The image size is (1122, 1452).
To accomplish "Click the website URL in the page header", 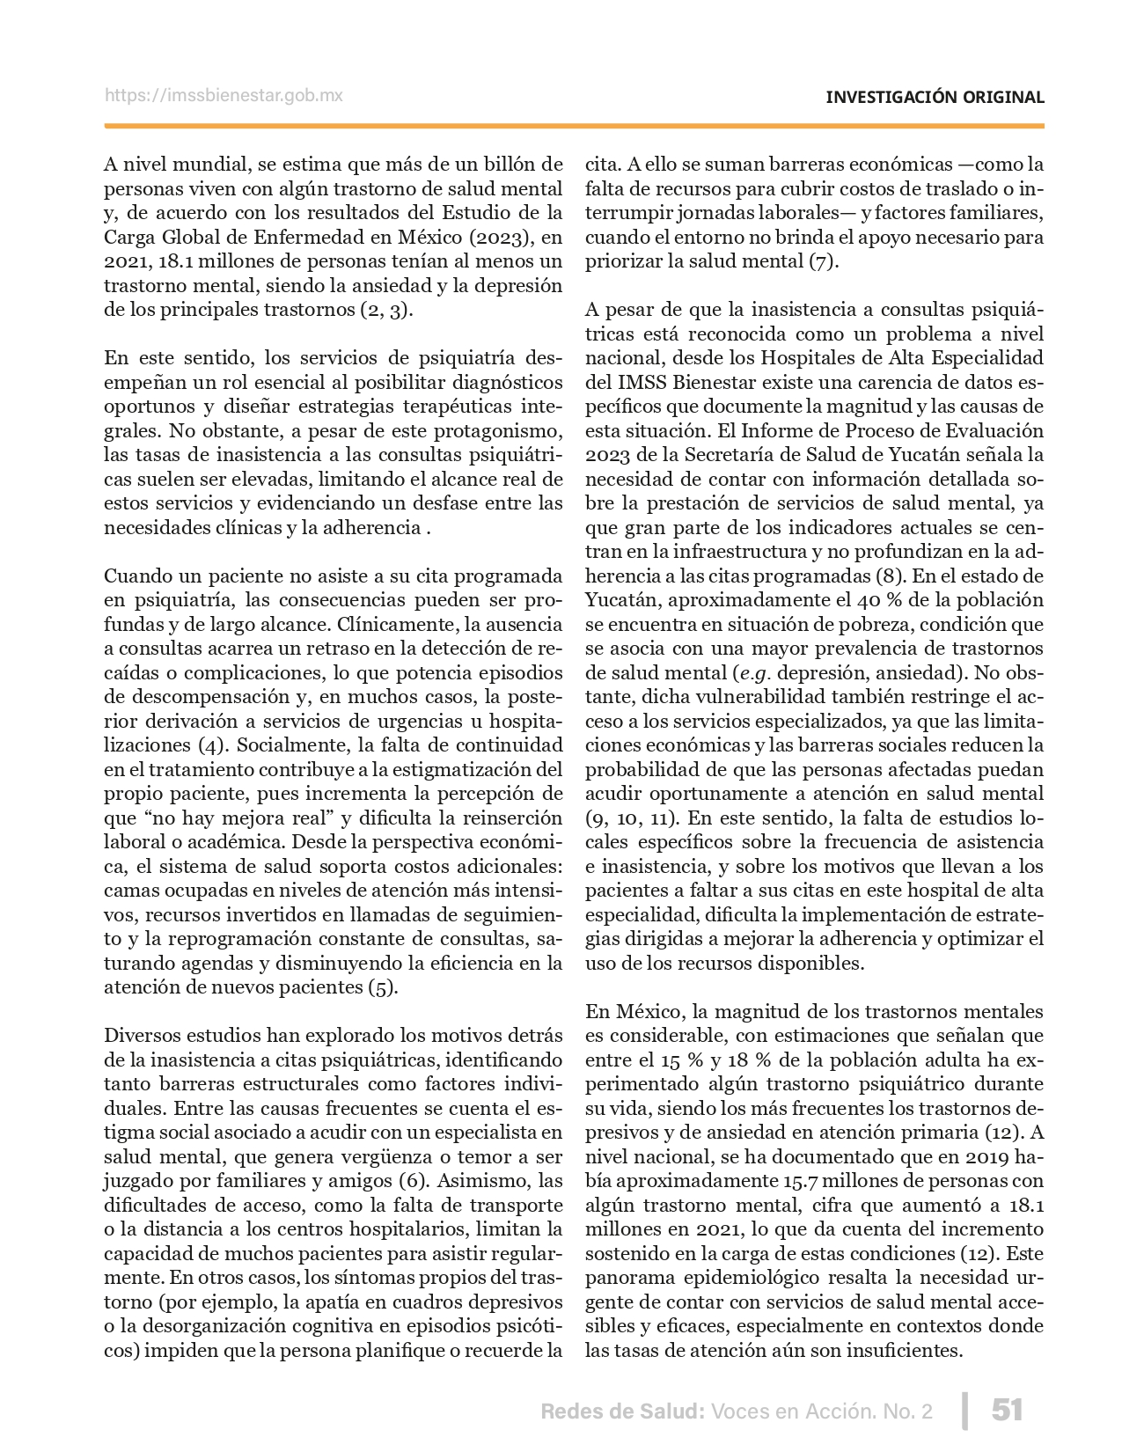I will coord(224,95).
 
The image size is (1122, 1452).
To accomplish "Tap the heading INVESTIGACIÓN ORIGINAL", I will coord(935,97).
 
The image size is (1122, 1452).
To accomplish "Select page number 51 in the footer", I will coord(1007,1411).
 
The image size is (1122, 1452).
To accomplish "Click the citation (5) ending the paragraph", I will coord(383,986).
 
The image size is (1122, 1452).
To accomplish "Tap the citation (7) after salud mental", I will coord(823,261).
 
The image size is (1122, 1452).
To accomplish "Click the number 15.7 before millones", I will coord(800,1181).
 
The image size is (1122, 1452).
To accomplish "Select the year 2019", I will coord(989,1156).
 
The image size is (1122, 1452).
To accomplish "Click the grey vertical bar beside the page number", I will coord(965,1411).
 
